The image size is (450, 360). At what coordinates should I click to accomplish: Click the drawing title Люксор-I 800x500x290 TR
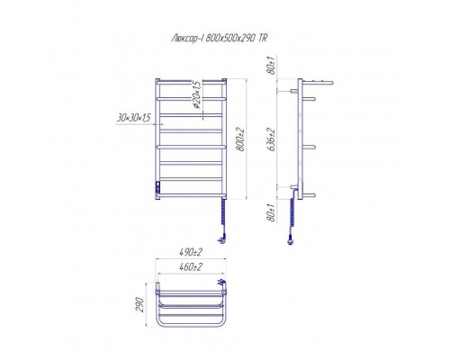click(x=219, y=39)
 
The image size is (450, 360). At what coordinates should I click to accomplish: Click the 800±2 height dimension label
click(x=241, y=139)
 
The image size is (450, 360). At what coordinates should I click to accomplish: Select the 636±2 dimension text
click(x=271, y=139)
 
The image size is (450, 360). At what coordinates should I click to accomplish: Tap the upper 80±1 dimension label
click(x=272, y=66)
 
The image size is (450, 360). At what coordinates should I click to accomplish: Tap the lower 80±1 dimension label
click(x=272, y=212)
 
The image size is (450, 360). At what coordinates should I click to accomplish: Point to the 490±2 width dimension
click(x=191, y=253)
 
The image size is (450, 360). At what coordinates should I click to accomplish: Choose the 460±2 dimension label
click(x=191, y=266)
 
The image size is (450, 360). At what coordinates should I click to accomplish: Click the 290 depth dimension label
click(x=140, y=305)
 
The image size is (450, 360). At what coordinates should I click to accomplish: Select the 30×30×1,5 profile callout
click(x=133, y=118)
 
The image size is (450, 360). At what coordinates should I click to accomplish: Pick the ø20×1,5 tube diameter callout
click(x=197, y=94)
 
